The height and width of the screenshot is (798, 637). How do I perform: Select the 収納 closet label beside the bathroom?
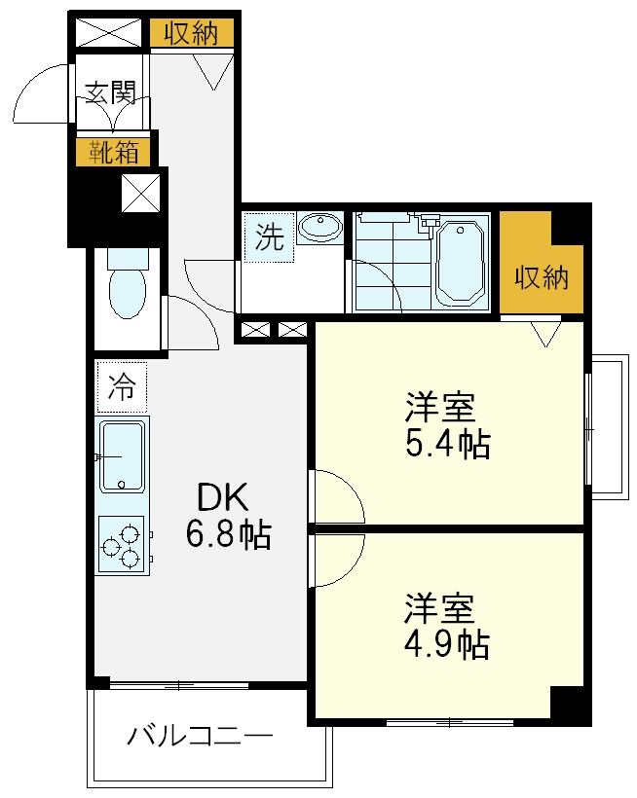click(541, 278)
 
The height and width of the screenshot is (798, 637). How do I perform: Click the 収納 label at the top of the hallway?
click(191, 34)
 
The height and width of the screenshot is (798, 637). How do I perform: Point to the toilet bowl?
click(126, 291)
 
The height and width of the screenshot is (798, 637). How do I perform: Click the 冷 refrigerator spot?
click(122, 386)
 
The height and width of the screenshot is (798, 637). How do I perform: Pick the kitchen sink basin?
click(122, 454)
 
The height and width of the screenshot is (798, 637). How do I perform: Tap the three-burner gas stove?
click(122, 542)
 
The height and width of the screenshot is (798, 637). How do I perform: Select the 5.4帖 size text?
click(447, 444)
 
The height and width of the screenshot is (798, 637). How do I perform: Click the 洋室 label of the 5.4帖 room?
click(440, 404)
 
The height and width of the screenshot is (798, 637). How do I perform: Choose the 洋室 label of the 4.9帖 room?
click(440, 607)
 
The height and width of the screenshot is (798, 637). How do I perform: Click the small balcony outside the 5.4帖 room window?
click(608, 427)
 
